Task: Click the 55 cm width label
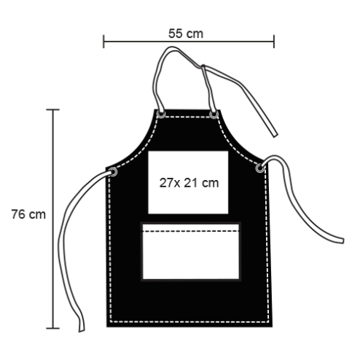pos(186,34)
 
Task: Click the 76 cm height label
pos(28,214)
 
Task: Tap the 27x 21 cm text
pos(189,183)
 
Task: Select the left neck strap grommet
pos(161,114)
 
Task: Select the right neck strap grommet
pos(214,114)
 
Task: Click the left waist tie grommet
pos(113,172)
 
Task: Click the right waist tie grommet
pos(259,168)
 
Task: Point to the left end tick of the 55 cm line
pos(103,42)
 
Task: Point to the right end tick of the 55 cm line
pos(274,42)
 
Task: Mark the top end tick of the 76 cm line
pos(53,110)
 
